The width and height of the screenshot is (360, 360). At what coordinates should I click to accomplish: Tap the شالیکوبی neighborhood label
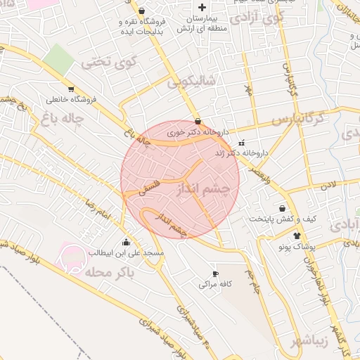tap(191, 83)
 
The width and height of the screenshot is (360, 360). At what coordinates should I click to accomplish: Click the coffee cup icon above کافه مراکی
tap(216, 274)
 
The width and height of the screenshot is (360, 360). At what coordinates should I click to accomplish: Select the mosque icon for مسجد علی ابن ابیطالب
tap(127, 241)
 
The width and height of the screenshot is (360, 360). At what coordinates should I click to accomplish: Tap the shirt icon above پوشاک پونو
tap(297, 236)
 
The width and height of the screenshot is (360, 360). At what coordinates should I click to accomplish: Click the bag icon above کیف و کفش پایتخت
tap(282, 208)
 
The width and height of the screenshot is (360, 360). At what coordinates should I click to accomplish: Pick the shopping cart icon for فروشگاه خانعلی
tap(71, 89)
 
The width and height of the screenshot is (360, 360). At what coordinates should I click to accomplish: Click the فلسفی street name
tap(150, 187)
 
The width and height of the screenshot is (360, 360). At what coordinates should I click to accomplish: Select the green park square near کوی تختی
tap(62, 59)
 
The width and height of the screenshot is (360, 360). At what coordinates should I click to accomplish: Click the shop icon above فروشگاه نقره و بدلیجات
tap(143, 11)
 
